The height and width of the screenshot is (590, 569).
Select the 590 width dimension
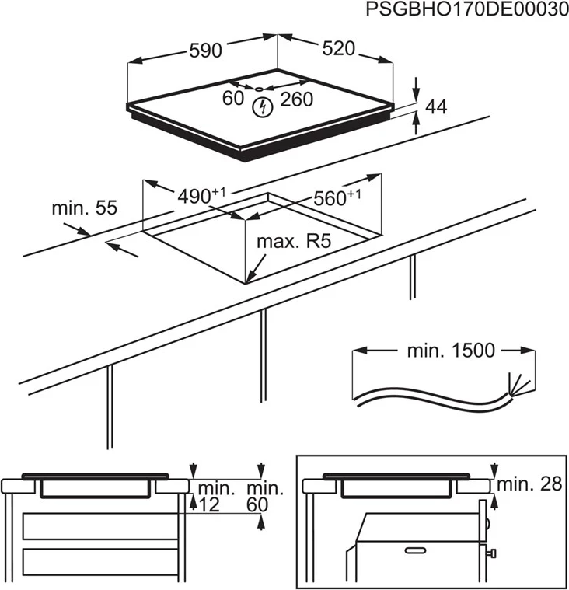[x=205, y=51]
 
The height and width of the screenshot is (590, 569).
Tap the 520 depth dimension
[x=339, y=49]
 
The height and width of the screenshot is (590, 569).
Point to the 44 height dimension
[x=437, y=108]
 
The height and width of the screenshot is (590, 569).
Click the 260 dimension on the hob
[x=296, y=99]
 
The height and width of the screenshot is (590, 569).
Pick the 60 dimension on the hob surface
[x=233, y=99]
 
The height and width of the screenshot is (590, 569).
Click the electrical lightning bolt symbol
[x=264, y=107]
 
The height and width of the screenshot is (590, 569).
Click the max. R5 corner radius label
[x=294, y=242]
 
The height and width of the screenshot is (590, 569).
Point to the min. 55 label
[x=84, y=208]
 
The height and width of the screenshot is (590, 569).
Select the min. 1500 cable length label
[x=450, y=351]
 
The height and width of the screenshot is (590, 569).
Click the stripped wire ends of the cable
[x=514, y=385]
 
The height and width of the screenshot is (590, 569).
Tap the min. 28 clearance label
[x=529, y=484]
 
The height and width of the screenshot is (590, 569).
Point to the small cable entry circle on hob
[x=260, y=89]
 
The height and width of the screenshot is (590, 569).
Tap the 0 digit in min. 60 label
[x=263, y=505]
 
